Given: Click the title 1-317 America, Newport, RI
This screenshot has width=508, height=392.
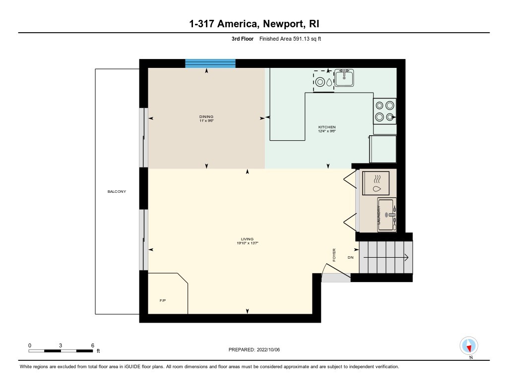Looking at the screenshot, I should pos(254,24).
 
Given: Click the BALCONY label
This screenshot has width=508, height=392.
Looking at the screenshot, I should pos(117,191).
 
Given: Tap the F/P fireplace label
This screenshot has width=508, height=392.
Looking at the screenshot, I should pos(162,300).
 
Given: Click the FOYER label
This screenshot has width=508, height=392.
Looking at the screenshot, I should pos(334,255).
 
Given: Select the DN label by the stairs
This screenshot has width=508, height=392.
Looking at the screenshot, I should pos(350,258).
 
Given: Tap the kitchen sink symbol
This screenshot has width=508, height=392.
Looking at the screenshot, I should pos(343,78).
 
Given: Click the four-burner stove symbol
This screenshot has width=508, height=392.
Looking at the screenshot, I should pos(385,111).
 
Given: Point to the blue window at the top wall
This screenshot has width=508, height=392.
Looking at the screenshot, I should pos(210,63).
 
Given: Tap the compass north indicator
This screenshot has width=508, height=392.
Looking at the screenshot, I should pos(469,345).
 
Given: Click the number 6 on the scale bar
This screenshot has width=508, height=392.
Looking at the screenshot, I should pos(92,345).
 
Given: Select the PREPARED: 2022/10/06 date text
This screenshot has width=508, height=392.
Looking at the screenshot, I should pos(254,350).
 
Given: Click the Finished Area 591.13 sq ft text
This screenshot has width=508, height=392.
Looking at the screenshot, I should pos(290,39).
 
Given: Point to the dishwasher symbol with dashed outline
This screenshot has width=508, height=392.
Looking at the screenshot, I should pos(323,81).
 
